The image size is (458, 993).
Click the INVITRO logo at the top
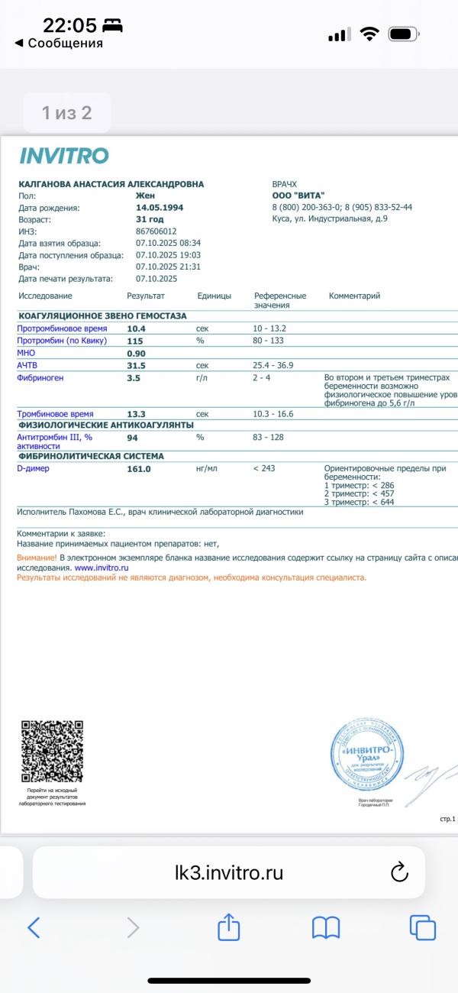coord(64,157)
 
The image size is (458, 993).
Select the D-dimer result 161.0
coord(139,469)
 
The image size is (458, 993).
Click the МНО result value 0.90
coord(136,354)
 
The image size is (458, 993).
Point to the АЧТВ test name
coord(27,365)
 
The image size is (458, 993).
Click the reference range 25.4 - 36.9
coord(273,365)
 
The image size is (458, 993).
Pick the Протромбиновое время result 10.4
coord(137,328)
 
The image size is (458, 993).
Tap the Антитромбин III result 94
coord(132,438)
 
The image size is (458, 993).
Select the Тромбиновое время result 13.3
coord(137,414)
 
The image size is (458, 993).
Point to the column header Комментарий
coord(354,296)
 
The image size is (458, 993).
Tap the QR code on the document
coord(52,752)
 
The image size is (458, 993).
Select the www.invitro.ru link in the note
coord(101,568)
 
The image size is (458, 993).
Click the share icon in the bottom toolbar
coord(229,927)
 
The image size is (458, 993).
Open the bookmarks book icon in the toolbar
coord(326,927)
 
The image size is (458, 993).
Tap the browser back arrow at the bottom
coord(34,927)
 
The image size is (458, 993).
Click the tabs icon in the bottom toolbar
coord(422,927)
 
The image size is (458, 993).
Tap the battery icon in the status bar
coord(402,34)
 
